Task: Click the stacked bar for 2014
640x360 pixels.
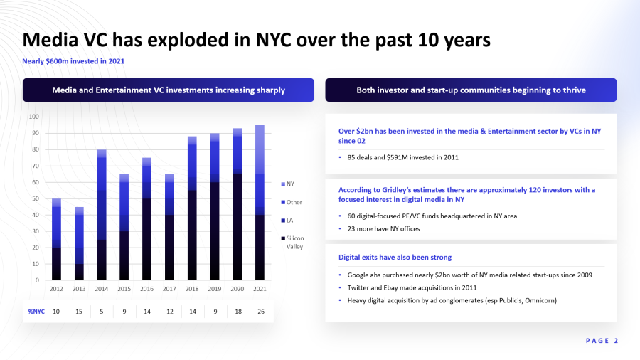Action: pos(102,215)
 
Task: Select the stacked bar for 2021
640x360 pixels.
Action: pos(260,203)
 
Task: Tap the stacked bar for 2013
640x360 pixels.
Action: pos(79,243)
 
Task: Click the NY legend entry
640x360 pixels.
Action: pos(288,184)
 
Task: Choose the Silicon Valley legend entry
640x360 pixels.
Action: pos(293,243)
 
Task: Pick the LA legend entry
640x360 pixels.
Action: pos(287,221)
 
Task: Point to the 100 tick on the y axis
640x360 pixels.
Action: pos(34,117)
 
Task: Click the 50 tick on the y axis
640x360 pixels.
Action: pos(36,198)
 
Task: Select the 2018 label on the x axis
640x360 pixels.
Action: pos(192,289)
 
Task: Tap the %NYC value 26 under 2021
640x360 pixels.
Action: pos(261,312)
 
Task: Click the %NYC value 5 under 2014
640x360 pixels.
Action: pos(102,312)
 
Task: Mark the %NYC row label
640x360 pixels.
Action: pos(36,312)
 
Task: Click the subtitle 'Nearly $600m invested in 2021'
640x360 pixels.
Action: pos(73,61)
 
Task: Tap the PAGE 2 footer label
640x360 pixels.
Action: pos(602,341)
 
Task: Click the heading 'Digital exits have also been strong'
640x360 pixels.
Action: pos(395,257)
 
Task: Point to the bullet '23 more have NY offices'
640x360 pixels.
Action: pos(384,228)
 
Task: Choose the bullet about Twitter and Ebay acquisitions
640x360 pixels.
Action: pos(412,287)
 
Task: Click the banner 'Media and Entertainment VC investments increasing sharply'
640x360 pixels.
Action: pos(169,90)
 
